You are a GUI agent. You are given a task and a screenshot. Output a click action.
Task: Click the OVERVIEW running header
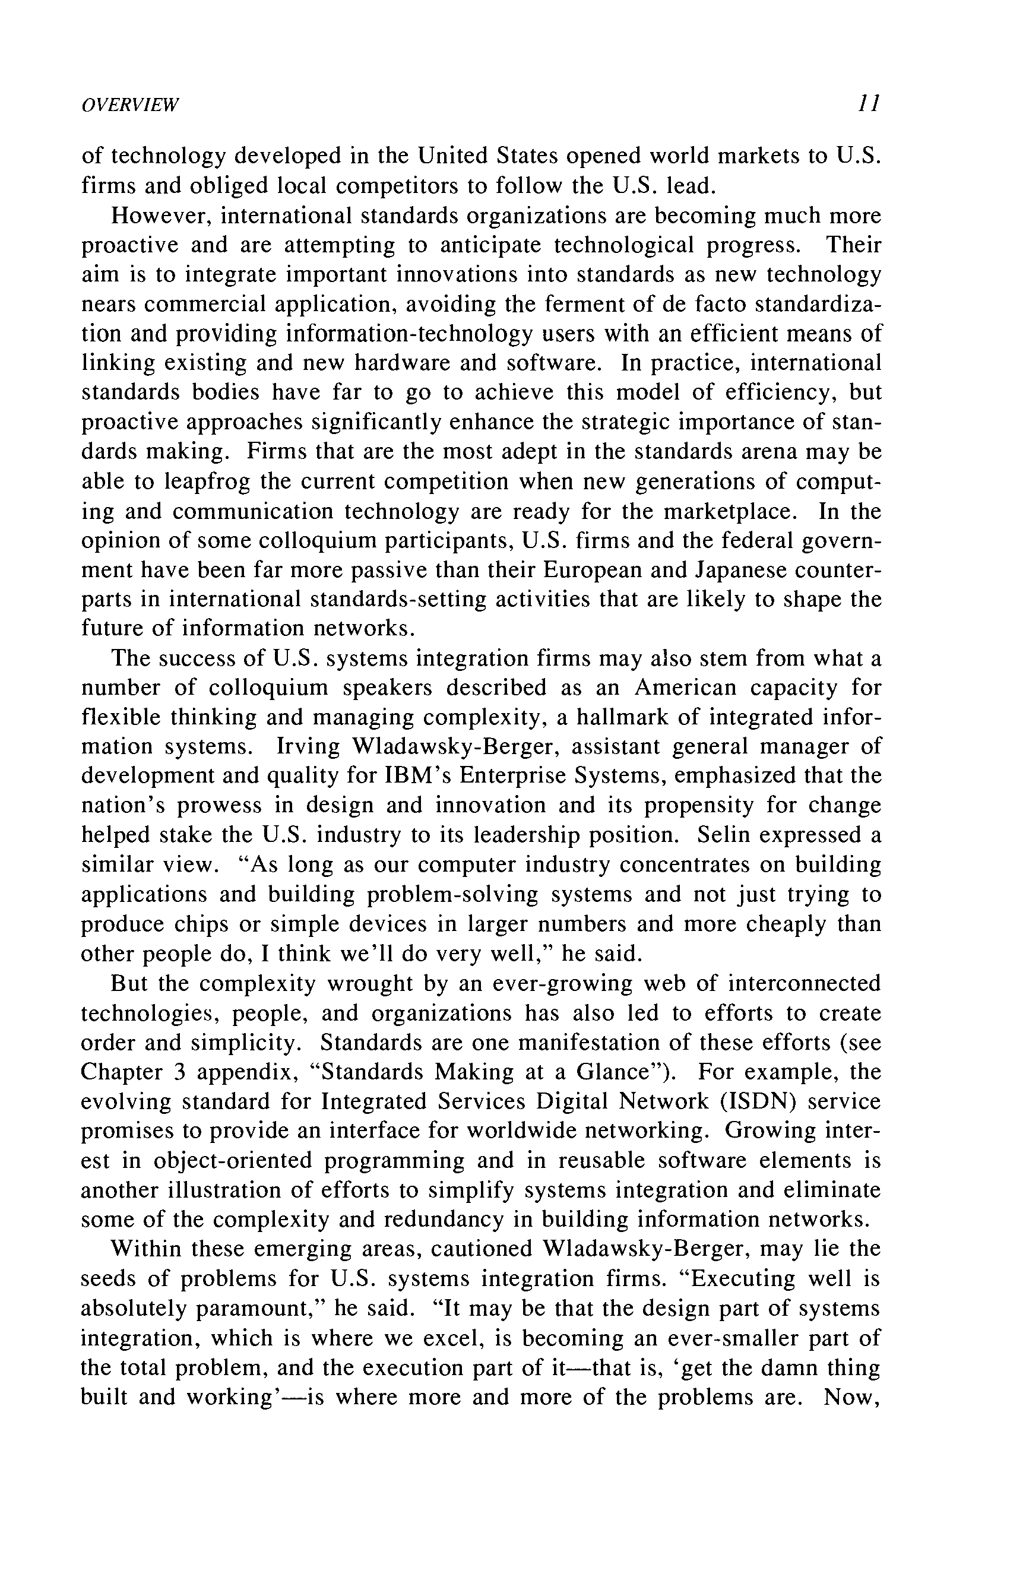pos(130,104)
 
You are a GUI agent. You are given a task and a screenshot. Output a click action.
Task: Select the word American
pos(685,688)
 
